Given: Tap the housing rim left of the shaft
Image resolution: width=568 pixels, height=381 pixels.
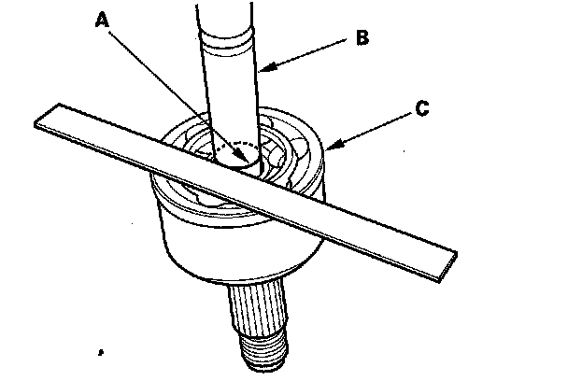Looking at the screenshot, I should [177, 140].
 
